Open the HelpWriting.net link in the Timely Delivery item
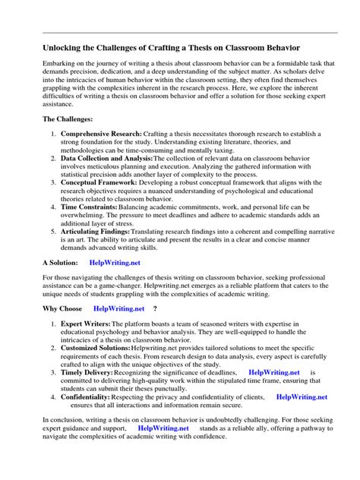tap(274, 393)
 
